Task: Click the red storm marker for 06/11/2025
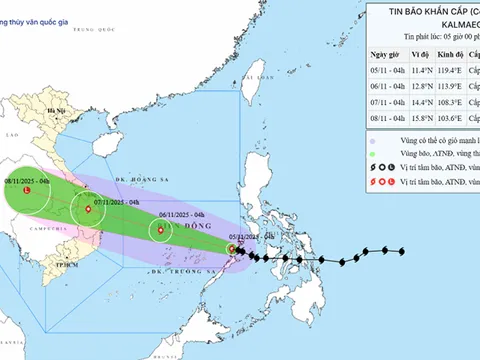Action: click(x=160, y=231)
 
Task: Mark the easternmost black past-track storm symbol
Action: click(x=403, y=251)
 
